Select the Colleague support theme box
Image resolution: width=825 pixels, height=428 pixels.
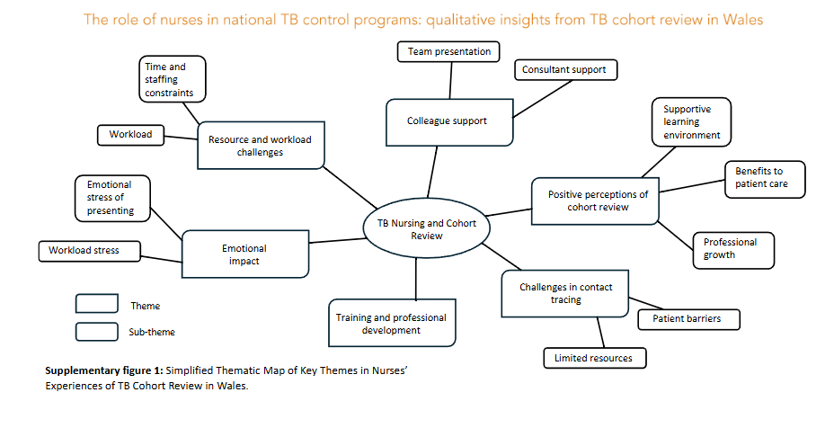(x=449, y=122)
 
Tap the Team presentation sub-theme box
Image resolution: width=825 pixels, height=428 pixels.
(x=448, y=51)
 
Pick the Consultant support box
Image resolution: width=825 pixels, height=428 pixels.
(x=563, y=69)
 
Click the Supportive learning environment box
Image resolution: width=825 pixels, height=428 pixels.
(x=691, y=122)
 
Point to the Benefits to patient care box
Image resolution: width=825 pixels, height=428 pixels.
(x=764, y=178)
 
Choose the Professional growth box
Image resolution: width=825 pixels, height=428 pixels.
(x=732, y=249)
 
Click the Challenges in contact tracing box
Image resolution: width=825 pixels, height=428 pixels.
(x=564, y=293)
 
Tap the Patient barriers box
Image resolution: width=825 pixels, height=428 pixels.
(x=679, y=318)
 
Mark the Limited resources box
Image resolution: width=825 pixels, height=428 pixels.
(x=594, y=358)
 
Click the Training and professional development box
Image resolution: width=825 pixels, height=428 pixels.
(x=391, y=324)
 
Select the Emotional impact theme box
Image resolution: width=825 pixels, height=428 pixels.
(x=244, y=255)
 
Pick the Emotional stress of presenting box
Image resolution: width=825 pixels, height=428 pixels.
(x=111, y=198)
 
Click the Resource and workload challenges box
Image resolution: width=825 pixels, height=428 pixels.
(x=259, y=146)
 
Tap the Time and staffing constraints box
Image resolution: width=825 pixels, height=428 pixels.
(x=173, y=79)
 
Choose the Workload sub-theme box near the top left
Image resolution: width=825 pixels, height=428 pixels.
(x=130, y=135)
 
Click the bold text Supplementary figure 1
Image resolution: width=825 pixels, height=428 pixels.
(x=104, y=370)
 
